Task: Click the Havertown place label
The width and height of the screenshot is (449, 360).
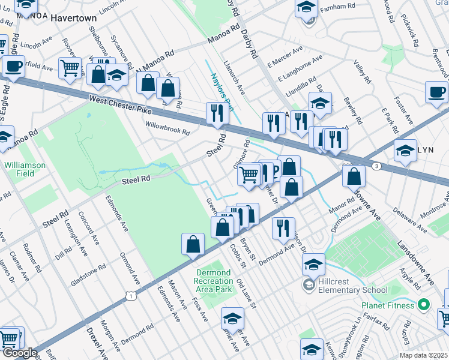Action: [x=74, y=18]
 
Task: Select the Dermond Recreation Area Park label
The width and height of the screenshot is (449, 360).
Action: [x=214, y=281]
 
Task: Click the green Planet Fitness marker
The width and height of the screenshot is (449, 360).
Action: [x=424, y=305]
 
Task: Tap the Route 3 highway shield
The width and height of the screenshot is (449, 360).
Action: [x=376, y=166]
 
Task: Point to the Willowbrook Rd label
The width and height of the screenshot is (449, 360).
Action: [x=167, y=127]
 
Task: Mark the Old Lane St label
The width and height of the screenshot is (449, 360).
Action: [x=246, y=294]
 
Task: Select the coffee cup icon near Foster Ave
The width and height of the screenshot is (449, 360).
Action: [x=436, y=92]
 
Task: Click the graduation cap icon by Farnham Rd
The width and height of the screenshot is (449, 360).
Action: [x=306, y=7]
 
